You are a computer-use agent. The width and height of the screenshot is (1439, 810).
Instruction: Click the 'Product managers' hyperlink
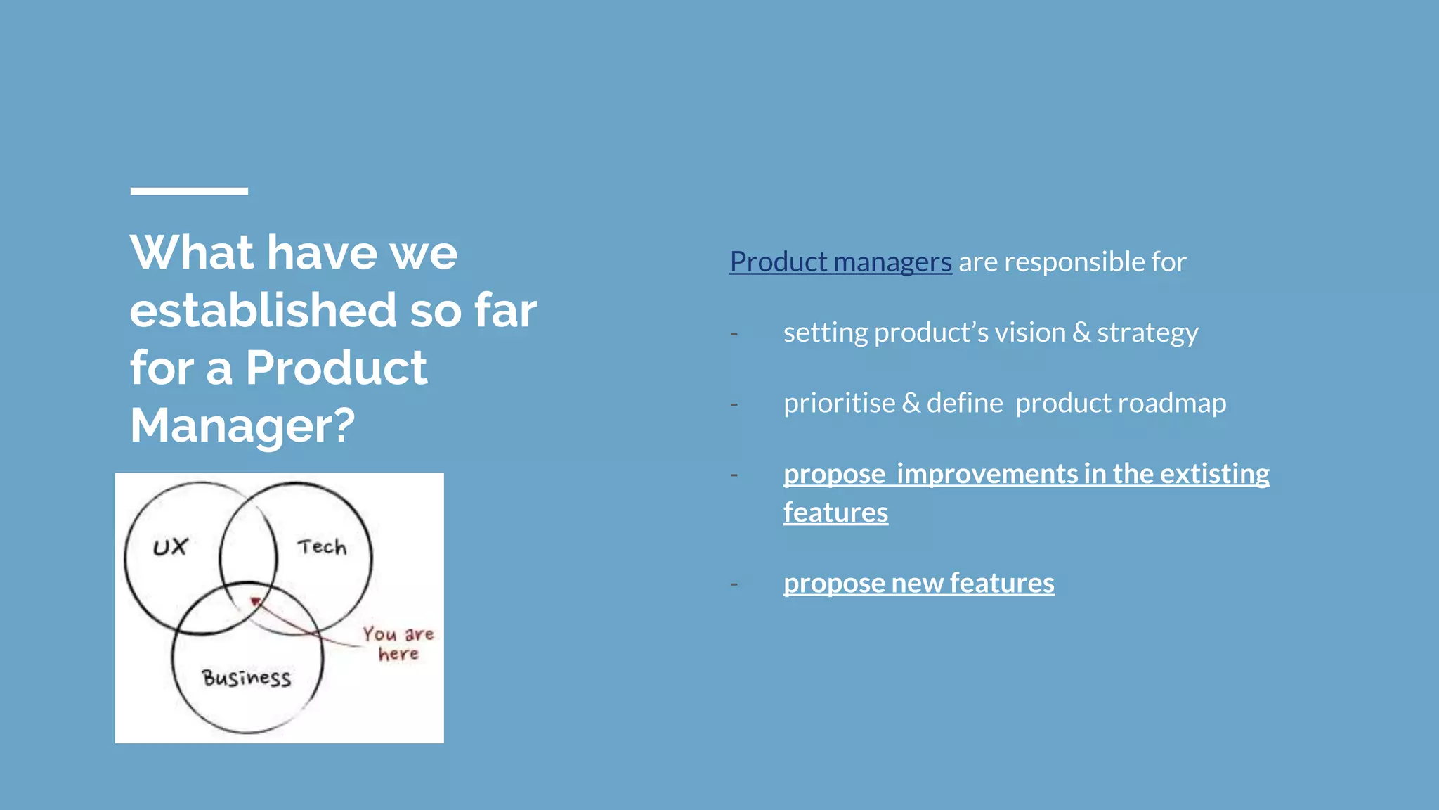(x=840, y=262)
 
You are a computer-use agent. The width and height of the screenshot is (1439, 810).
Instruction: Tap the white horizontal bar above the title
(x=189, y=191)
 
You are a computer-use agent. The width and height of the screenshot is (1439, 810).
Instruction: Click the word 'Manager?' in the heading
(x=242, y=425)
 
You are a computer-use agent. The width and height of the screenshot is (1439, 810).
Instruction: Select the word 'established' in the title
(x=263, y=310)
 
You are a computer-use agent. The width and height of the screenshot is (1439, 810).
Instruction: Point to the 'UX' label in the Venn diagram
(x=170, y=547)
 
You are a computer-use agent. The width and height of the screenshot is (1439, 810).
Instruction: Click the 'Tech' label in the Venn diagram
(x=322, y=546)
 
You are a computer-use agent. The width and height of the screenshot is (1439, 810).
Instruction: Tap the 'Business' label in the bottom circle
(x=247, y=678)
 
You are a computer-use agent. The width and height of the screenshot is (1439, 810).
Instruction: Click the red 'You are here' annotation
(x=398, y=643)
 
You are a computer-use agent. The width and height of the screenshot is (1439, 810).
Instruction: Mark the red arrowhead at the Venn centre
(x=256, y=602)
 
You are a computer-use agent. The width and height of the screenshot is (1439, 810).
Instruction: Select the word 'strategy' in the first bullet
(x=1147, y=333)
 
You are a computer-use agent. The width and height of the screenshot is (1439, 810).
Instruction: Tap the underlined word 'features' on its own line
(x=835, y=513)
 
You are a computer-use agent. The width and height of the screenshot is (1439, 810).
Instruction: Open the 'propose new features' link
(x=918, y=584)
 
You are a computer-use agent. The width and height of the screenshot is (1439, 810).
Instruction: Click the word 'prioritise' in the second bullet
(x=839, y=404)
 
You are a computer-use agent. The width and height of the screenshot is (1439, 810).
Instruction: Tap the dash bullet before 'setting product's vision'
(x=734, y=333)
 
